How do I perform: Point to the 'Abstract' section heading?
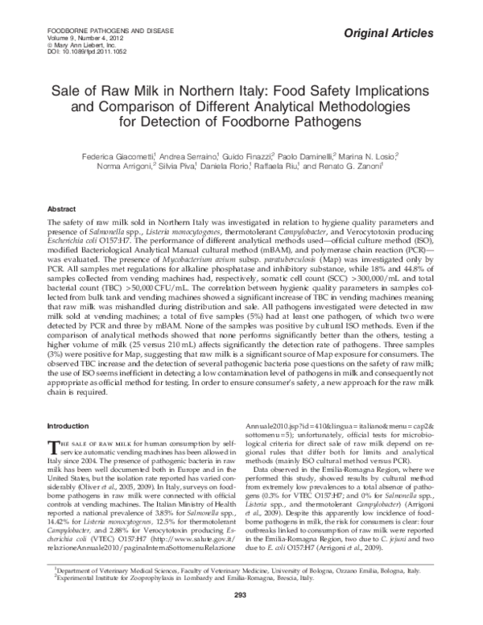tap(62, 208)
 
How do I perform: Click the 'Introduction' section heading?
tap(69, 425)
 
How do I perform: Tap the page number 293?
tap(240, 618)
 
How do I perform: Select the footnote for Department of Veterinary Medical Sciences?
tap(245, 591)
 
